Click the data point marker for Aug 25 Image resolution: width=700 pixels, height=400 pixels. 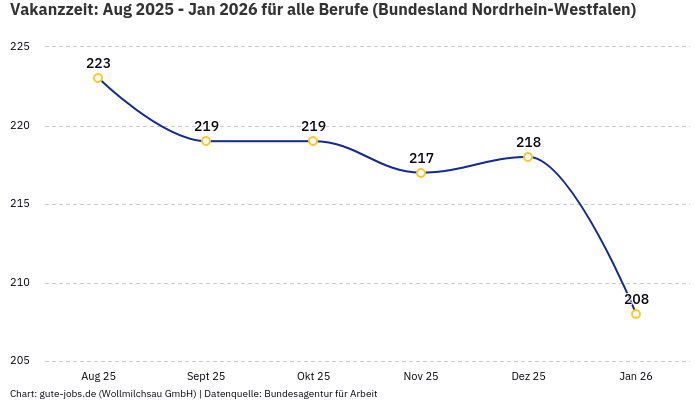[x=98, y=78]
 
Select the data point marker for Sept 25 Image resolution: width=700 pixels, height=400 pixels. [x=206, y=141]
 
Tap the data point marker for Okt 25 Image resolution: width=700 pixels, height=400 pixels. [x=313, y=141]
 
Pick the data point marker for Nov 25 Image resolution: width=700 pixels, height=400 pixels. [x=421, y=173]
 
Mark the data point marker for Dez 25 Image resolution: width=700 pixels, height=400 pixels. [x=528, y=157]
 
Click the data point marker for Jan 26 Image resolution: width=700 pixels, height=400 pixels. [x=636, y=314]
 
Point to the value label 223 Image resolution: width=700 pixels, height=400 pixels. [x=98, y=63]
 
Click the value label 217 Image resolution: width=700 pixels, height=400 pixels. [x=421, y=158]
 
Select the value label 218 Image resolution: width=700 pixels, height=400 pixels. [x=528, y=142]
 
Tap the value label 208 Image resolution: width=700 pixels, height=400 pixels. [x=636, y=299]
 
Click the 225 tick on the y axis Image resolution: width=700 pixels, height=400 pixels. [x=21, y=47]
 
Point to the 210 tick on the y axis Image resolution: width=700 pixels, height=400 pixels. [x=21, y=283]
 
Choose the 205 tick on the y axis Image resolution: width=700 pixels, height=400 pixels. [x=21, y=361]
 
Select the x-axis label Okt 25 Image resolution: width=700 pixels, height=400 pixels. [x=313, y=376]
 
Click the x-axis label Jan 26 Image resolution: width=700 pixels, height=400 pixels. [x=636, y=376]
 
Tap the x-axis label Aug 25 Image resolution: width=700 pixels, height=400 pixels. [x=98, y=376]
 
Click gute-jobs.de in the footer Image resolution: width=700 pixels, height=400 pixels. [x=67, y=393]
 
